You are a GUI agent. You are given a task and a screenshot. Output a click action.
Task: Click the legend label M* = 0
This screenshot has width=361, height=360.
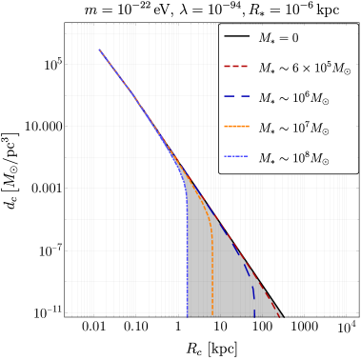point(278,38)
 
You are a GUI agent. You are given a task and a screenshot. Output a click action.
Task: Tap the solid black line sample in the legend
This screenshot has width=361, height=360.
point(237,37)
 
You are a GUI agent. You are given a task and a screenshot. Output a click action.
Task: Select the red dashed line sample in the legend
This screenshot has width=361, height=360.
point(237,68)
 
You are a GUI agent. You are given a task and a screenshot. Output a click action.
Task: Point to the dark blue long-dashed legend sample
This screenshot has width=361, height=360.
point(237,97)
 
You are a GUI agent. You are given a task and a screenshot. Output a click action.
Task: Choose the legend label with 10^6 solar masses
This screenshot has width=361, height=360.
point(292,98)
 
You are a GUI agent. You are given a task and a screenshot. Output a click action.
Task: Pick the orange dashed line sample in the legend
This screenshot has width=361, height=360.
point(237,128)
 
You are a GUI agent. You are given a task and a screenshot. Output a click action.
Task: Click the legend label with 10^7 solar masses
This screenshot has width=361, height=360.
point(292,129)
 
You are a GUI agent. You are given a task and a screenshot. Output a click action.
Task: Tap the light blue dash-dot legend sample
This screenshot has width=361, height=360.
point(237,157)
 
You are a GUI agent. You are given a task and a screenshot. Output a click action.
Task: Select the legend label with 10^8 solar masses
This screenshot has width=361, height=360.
point(292,158)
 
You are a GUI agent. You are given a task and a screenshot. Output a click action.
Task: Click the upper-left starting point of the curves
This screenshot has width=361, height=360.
point(99,50)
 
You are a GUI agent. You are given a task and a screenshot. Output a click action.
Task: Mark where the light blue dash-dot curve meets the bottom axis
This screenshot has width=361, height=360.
point(188,313)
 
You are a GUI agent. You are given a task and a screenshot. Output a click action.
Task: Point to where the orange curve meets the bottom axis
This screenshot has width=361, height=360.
point(212,313)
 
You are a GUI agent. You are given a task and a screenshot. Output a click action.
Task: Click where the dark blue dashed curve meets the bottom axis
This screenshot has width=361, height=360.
point(255,313)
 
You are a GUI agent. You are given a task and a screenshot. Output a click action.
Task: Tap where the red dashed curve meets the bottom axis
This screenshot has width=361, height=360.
point(279,313)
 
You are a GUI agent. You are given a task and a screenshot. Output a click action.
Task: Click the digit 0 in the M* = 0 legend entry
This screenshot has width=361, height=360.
point(294,38)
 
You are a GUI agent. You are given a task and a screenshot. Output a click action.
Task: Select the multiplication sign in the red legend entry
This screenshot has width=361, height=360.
point(297,69)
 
